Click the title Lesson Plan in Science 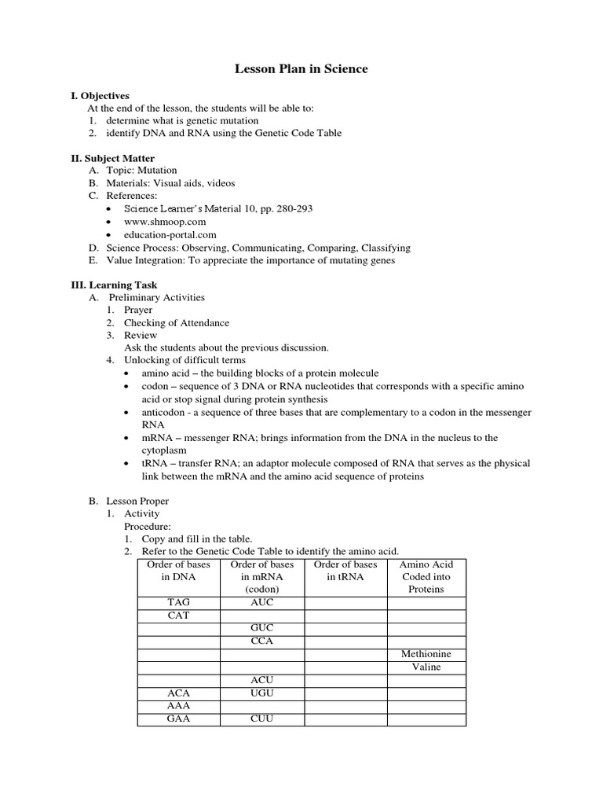(301, 69)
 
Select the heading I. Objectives (100, 95)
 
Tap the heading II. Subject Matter (112, 158)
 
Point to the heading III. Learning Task (114, 285)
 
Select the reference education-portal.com (170, 234)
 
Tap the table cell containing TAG (178, 603)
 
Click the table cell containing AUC (261, 603)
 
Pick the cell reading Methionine (426, 654)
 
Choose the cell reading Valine (426, 667)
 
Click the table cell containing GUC (261, 628)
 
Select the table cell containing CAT (178, 616)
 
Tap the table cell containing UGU (261, 693)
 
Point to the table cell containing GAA (178, 719)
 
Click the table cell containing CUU (261, 719)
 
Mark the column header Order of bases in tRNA (345, 576)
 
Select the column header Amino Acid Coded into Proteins (426, 576)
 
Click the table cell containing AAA (178, 705)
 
